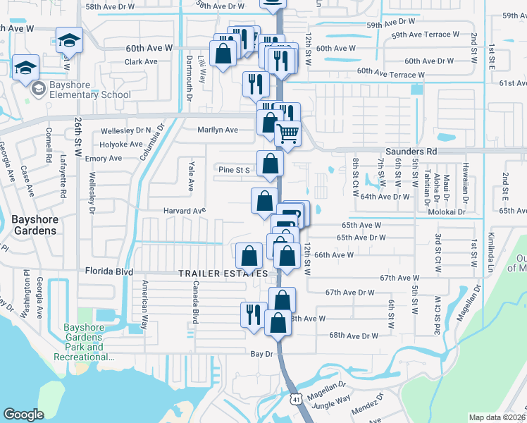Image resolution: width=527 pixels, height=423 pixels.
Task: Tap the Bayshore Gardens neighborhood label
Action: pos(34,224)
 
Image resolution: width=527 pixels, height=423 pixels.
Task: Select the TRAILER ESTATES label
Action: pos(223,273)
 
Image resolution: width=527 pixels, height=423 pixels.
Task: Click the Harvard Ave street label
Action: pos(185,210)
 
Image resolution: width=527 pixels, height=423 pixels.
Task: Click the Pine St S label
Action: pos(235,170)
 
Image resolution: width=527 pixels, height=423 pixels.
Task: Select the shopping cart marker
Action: pos(287,132)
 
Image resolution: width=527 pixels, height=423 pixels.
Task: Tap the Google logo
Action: pos(23,415)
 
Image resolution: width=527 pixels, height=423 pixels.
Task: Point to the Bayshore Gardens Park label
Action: pos(83,342)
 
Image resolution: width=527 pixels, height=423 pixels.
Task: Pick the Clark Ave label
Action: pos(141,61)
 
